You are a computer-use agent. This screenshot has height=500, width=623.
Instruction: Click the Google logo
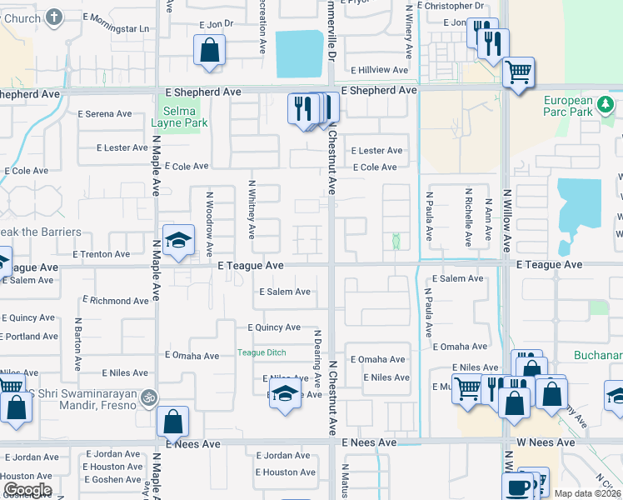tap(27, 490)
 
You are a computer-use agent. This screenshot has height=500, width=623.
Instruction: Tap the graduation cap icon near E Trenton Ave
tap(178, 241)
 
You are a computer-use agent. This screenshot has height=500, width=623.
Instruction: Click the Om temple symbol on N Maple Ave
tap(148, 397)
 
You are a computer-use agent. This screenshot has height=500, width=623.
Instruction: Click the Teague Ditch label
tap(262, 352)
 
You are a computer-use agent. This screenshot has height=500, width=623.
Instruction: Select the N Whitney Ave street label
tap(251, 204)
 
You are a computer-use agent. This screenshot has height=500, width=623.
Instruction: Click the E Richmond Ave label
tap(115, 299)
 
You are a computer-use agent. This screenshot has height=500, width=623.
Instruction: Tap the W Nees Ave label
tap(546, 442)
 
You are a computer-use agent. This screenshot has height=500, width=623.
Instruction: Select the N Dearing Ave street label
tap(317, 357)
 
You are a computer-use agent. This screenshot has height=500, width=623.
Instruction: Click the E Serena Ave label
tap(104, 114)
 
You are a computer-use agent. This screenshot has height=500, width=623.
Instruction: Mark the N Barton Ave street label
tap(77, 343)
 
